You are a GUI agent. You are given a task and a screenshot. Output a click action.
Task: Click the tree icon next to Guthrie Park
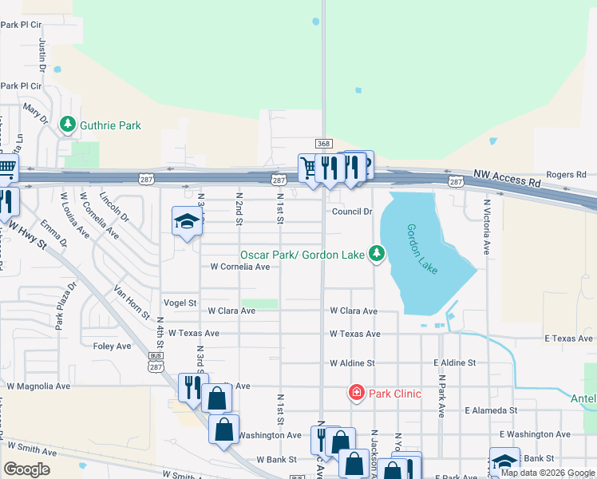(x=69, y=125)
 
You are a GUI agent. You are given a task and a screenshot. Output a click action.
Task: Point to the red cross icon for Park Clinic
(x=356, y=393)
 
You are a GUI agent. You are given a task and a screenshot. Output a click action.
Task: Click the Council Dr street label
(x=352, y=212)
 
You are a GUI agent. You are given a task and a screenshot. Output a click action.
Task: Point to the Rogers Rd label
(x=566, y=174)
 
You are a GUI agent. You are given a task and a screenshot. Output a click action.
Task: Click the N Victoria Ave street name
(x=486, y=226)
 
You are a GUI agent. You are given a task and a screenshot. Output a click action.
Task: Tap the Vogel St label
(x=180, y=303)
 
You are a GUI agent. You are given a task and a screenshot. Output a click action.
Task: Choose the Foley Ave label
(x=112, y=346)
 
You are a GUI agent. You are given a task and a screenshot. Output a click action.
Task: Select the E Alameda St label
(x=491, y=410)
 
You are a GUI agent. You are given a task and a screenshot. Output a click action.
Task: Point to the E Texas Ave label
(x=570, y=339)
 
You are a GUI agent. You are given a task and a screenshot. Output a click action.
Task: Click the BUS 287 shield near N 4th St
(x=155, y=364)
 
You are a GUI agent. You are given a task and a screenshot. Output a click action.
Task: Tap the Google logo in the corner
(x=26, y=469)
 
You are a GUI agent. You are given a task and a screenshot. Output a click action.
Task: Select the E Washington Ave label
(x=535, y=434)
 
